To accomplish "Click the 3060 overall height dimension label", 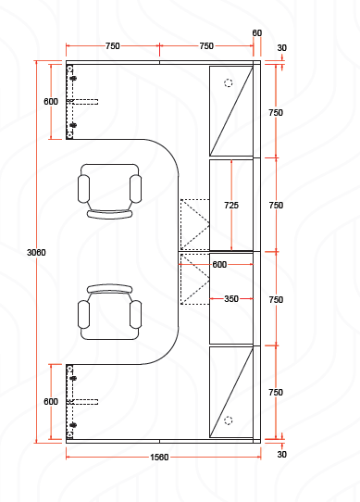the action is [x=36, y=253].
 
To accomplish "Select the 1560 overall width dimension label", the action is [x=159, y=458].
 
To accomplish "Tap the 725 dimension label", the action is [x=231, y=206].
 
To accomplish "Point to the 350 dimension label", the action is [x=231, y=299].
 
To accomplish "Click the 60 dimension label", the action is [x=257, y=33].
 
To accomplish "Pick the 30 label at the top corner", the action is [x=281, y=48].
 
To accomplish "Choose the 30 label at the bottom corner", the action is [x=281, y=454].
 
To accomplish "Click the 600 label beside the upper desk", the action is [x=51, y=102].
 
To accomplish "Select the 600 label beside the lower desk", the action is [x=51, y=401].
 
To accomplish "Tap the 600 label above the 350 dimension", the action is [x=219, y=265].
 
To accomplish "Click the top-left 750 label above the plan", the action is [x=113, y=46].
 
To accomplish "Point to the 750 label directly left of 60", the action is [x=206, y=46].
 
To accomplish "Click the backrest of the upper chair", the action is [x=110, y=214].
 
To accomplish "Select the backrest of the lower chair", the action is [x=110, y=289].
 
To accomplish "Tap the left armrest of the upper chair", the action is [x=83, y=189].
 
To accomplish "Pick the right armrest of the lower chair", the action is [x=136, y=314].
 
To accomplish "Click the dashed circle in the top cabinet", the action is [x=229, y=83].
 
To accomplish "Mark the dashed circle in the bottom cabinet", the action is [x=229, y=420].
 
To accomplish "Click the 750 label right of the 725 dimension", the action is [x=276, y=206].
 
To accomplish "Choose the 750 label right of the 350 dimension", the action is [x=276, y=300].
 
